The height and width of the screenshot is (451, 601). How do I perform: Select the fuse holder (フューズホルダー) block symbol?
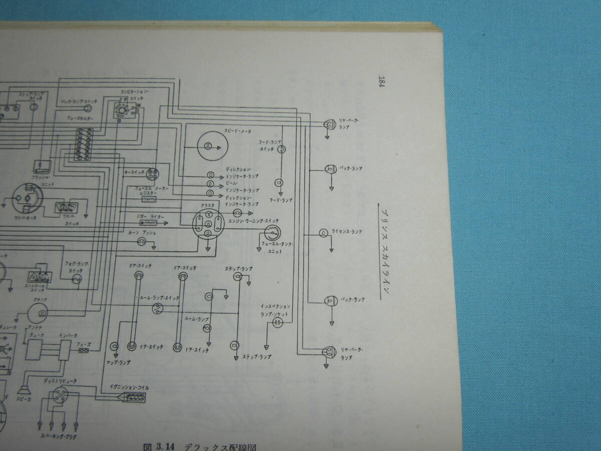pos(84,144)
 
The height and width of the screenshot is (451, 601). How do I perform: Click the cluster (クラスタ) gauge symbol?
pos(208,227)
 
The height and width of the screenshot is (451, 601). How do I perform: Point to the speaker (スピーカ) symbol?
pos(23,388)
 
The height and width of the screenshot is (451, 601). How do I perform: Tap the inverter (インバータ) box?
pos(65,350)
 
